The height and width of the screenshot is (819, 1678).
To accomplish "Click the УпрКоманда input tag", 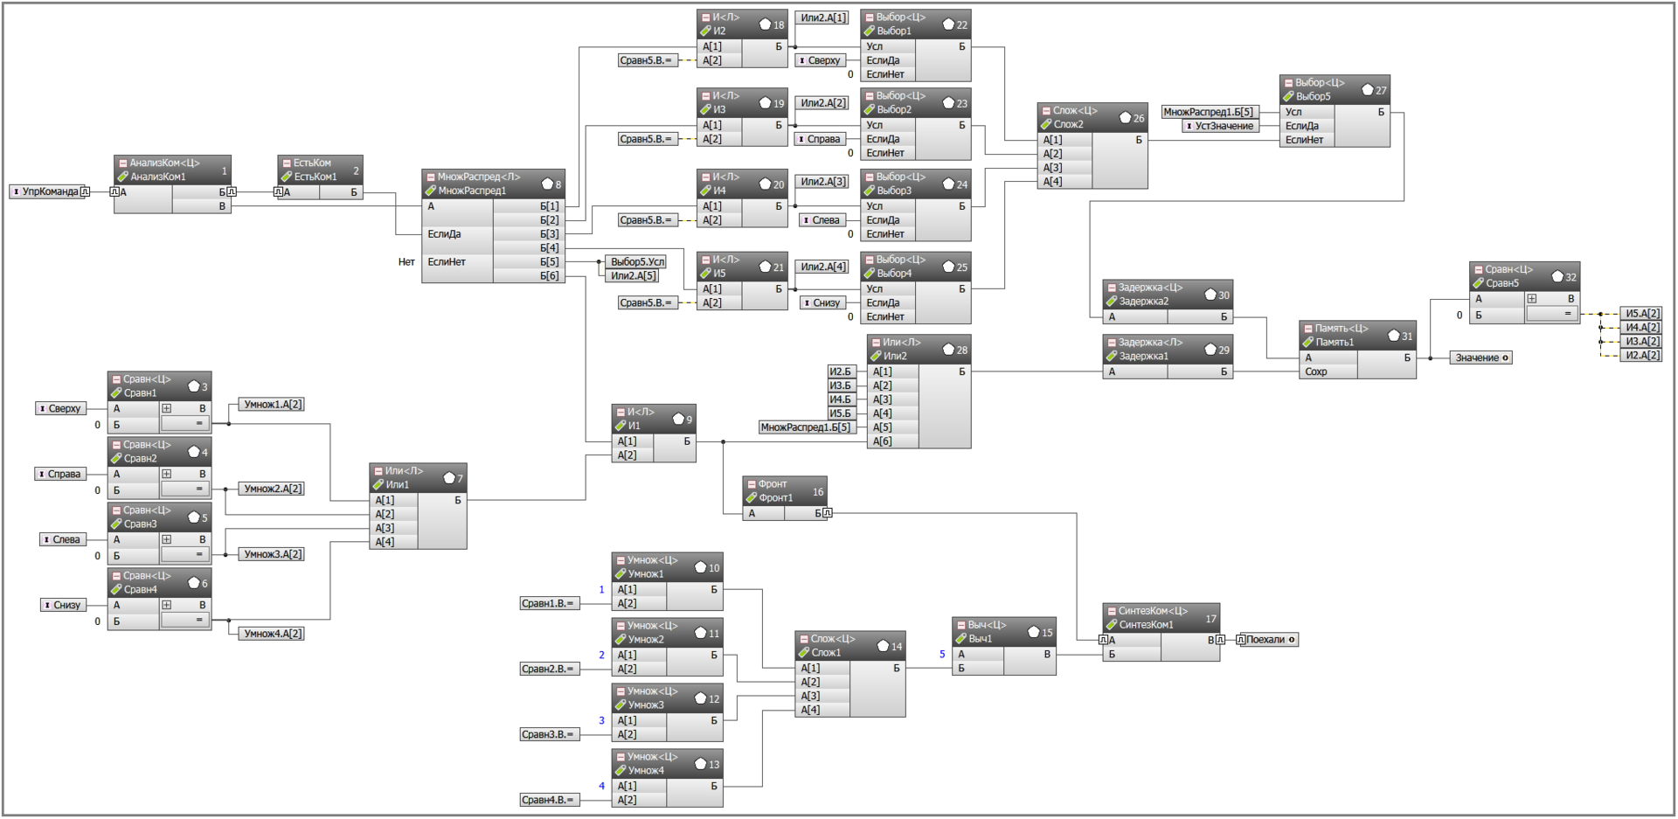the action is click(x=49, y=191).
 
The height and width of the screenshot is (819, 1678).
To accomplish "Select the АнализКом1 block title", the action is click(x=158, y=177).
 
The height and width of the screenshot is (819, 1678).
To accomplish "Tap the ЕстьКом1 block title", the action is click(x=315, y=177).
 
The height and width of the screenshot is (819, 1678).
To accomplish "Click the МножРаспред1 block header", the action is click(x=493, y=184).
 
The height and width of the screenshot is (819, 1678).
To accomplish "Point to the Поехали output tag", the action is click(x=1267, y=640).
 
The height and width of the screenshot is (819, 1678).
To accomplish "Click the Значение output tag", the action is click(x=1481, y=357).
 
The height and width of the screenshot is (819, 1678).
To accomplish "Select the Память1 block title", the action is click(x=1335, y=343).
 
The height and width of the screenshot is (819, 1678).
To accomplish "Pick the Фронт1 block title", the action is click(x=776, y=498).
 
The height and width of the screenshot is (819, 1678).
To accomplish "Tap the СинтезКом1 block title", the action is click(x=1146, y=625).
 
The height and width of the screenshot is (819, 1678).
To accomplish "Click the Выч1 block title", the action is click(x=980, y=639).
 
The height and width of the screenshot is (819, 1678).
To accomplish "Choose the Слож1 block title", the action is click(x=826, y=653).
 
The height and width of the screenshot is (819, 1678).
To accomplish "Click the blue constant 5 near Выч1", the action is click(x=942, y=654).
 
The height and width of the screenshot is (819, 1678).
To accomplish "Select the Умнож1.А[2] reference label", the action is click(x=272, y=405).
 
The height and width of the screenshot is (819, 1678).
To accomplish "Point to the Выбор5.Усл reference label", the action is click(x=637, y=261).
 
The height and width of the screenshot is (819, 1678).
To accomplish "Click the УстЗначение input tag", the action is click(x=1221, y=126).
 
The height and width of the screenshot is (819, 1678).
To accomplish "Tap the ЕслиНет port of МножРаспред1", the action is click(x=447, y=262).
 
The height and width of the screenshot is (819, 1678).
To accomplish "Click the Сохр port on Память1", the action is click(x=1316, y=371).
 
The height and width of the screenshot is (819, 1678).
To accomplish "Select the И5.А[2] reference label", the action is click(x=1642, y=314).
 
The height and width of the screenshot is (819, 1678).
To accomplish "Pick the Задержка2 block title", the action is click(x=1143, y=302).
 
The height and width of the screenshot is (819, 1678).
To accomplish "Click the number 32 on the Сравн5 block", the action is click(x=1571, y=277).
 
